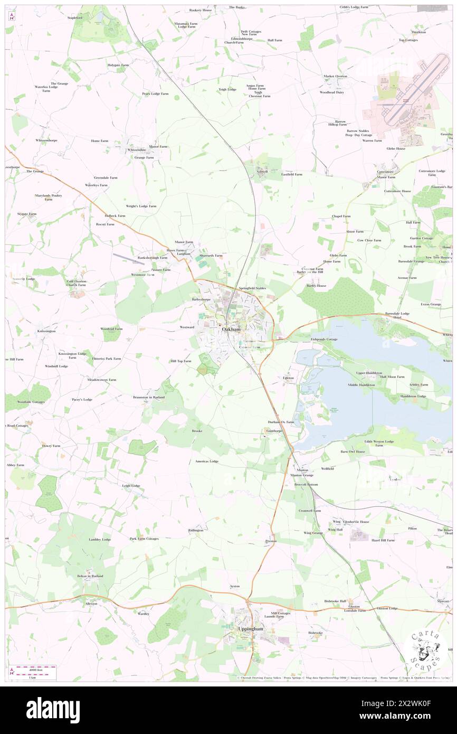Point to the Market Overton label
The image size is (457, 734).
click(x=335, y=76)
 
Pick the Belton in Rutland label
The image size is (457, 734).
click(x=90, y=576)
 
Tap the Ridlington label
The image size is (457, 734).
click(x=195, y=530)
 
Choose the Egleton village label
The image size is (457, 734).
click(x=288, y=378)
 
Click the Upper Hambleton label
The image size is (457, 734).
click(x=368, y=373)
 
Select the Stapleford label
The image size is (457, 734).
click(x=75, y=17)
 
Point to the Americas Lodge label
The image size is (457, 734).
click(x=206, y=461)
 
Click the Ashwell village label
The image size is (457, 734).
click(x=262, y=172)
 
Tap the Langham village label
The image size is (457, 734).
click(x=183, y=253)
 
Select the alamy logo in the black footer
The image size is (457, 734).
click(x=53, y=709)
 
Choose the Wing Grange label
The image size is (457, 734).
click(x=313, y=533)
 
